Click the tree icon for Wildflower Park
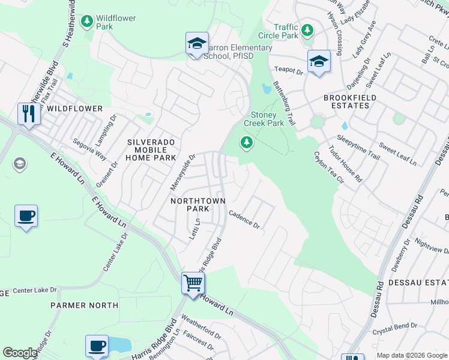pyautogui.click(x=87, y=22)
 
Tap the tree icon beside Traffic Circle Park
pyautogui.click(x=307, y=30)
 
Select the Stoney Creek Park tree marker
pyautogui.click(x=246, y=143)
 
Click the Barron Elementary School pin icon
pyautogui.click(x=197, y=44)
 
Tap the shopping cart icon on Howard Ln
pyautogui.click(x=193, y=282)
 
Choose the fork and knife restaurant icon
pyautogui.click(x=29, y=113)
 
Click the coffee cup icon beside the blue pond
pyautogui.click(x=97, y=346)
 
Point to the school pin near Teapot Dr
pyautogui.click(x=319, y=61)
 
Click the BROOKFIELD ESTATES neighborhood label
pyautogui.click(x=350, y=101)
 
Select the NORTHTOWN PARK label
pyautogui.click(x=190, y=205)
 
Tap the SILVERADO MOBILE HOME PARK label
pyautogui.click(x=151, y=149)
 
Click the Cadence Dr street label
pyautogui.click(x=244, y=220)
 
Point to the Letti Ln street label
pyautogui.click(x=194, y=229)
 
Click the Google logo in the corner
pyautogui.click(x=20, y=353)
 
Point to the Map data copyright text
pyautogui.click(x=411, y=355)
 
